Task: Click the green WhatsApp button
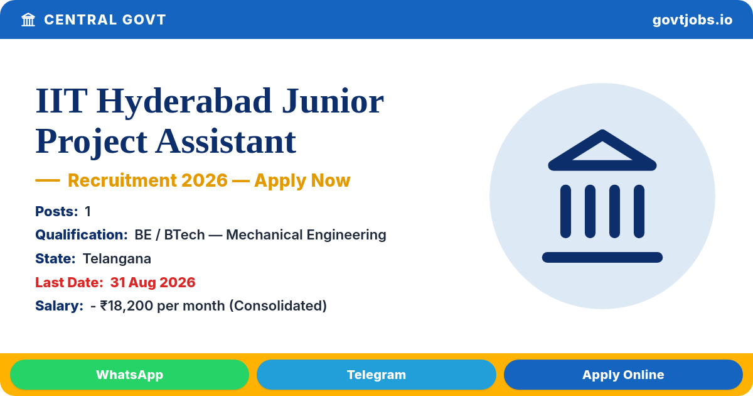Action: tap(129, 375)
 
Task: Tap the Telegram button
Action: tap(376, 375)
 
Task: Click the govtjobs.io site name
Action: tap(692, 20)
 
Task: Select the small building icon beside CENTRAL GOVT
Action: tap(28, 20)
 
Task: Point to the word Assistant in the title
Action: tap(225, 142)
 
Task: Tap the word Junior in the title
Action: tap(333, 101)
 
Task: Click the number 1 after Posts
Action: tap(88, 211)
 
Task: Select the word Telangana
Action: tap(117, 258)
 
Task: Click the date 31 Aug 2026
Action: tap(152, 282)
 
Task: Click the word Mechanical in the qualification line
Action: tap(264, 234)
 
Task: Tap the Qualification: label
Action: tap(82, 234)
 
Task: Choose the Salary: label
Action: tap(59, 305)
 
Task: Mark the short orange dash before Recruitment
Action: tap(48, 180)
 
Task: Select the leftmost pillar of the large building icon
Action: tap(565, 211)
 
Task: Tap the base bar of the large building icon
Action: tap(602, 257)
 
